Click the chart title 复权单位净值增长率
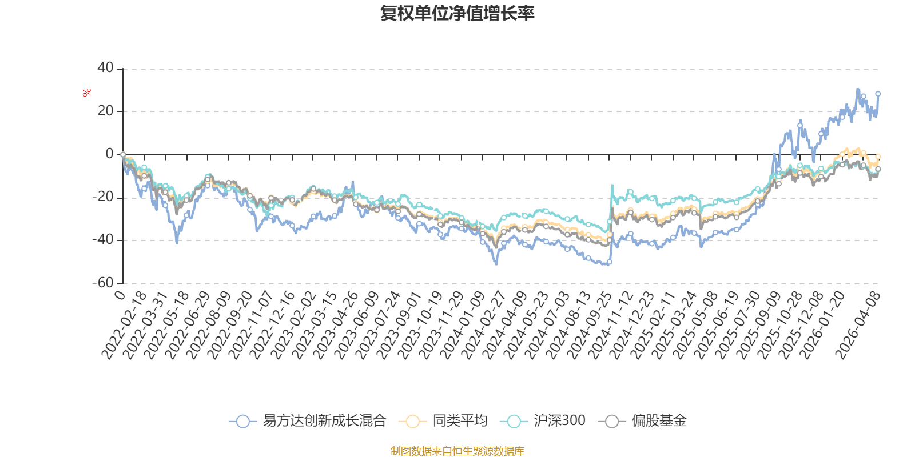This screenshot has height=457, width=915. [457, 13]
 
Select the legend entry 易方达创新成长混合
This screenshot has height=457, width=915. [308, 420]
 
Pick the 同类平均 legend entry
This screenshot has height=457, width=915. [443, 420]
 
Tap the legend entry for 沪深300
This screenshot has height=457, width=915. [543, 420]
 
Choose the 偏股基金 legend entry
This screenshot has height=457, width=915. [642, 420]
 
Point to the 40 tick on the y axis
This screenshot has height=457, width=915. [105, 68]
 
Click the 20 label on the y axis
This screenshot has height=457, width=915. [105, 111]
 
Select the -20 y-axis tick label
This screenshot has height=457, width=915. [103, 197]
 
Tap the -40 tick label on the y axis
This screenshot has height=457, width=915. [103, 240]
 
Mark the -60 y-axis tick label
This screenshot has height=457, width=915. [103, 283]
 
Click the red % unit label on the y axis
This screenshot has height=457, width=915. [86, 93]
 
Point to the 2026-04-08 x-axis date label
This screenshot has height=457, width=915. [857, 325]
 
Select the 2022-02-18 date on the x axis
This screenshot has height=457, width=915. [124, 325]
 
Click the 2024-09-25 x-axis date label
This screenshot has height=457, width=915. [588, 325]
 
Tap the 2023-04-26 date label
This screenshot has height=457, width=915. [335, 325]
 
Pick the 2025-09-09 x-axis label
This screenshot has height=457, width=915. [757, 325]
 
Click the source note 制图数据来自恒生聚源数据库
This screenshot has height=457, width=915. [457, 451]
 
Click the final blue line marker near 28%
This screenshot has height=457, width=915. [878, 94]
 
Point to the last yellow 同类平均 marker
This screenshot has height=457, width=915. [878, 157]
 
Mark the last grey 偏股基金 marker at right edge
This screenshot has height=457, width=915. [878, 169]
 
